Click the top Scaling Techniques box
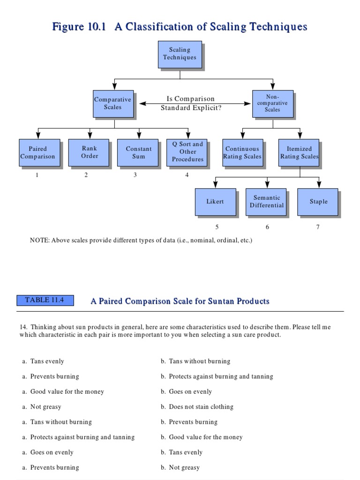180,53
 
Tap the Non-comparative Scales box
272,103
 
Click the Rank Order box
89,152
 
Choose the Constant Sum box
138,152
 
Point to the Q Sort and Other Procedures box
187,152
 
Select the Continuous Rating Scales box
242,152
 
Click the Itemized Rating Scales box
299,152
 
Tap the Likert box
215,202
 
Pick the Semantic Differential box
266,202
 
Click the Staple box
318,202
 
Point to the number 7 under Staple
318,227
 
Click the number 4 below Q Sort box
187,175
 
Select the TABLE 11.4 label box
45,300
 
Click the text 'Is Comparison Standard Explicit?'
191,103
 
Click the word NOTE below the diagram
39,240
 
